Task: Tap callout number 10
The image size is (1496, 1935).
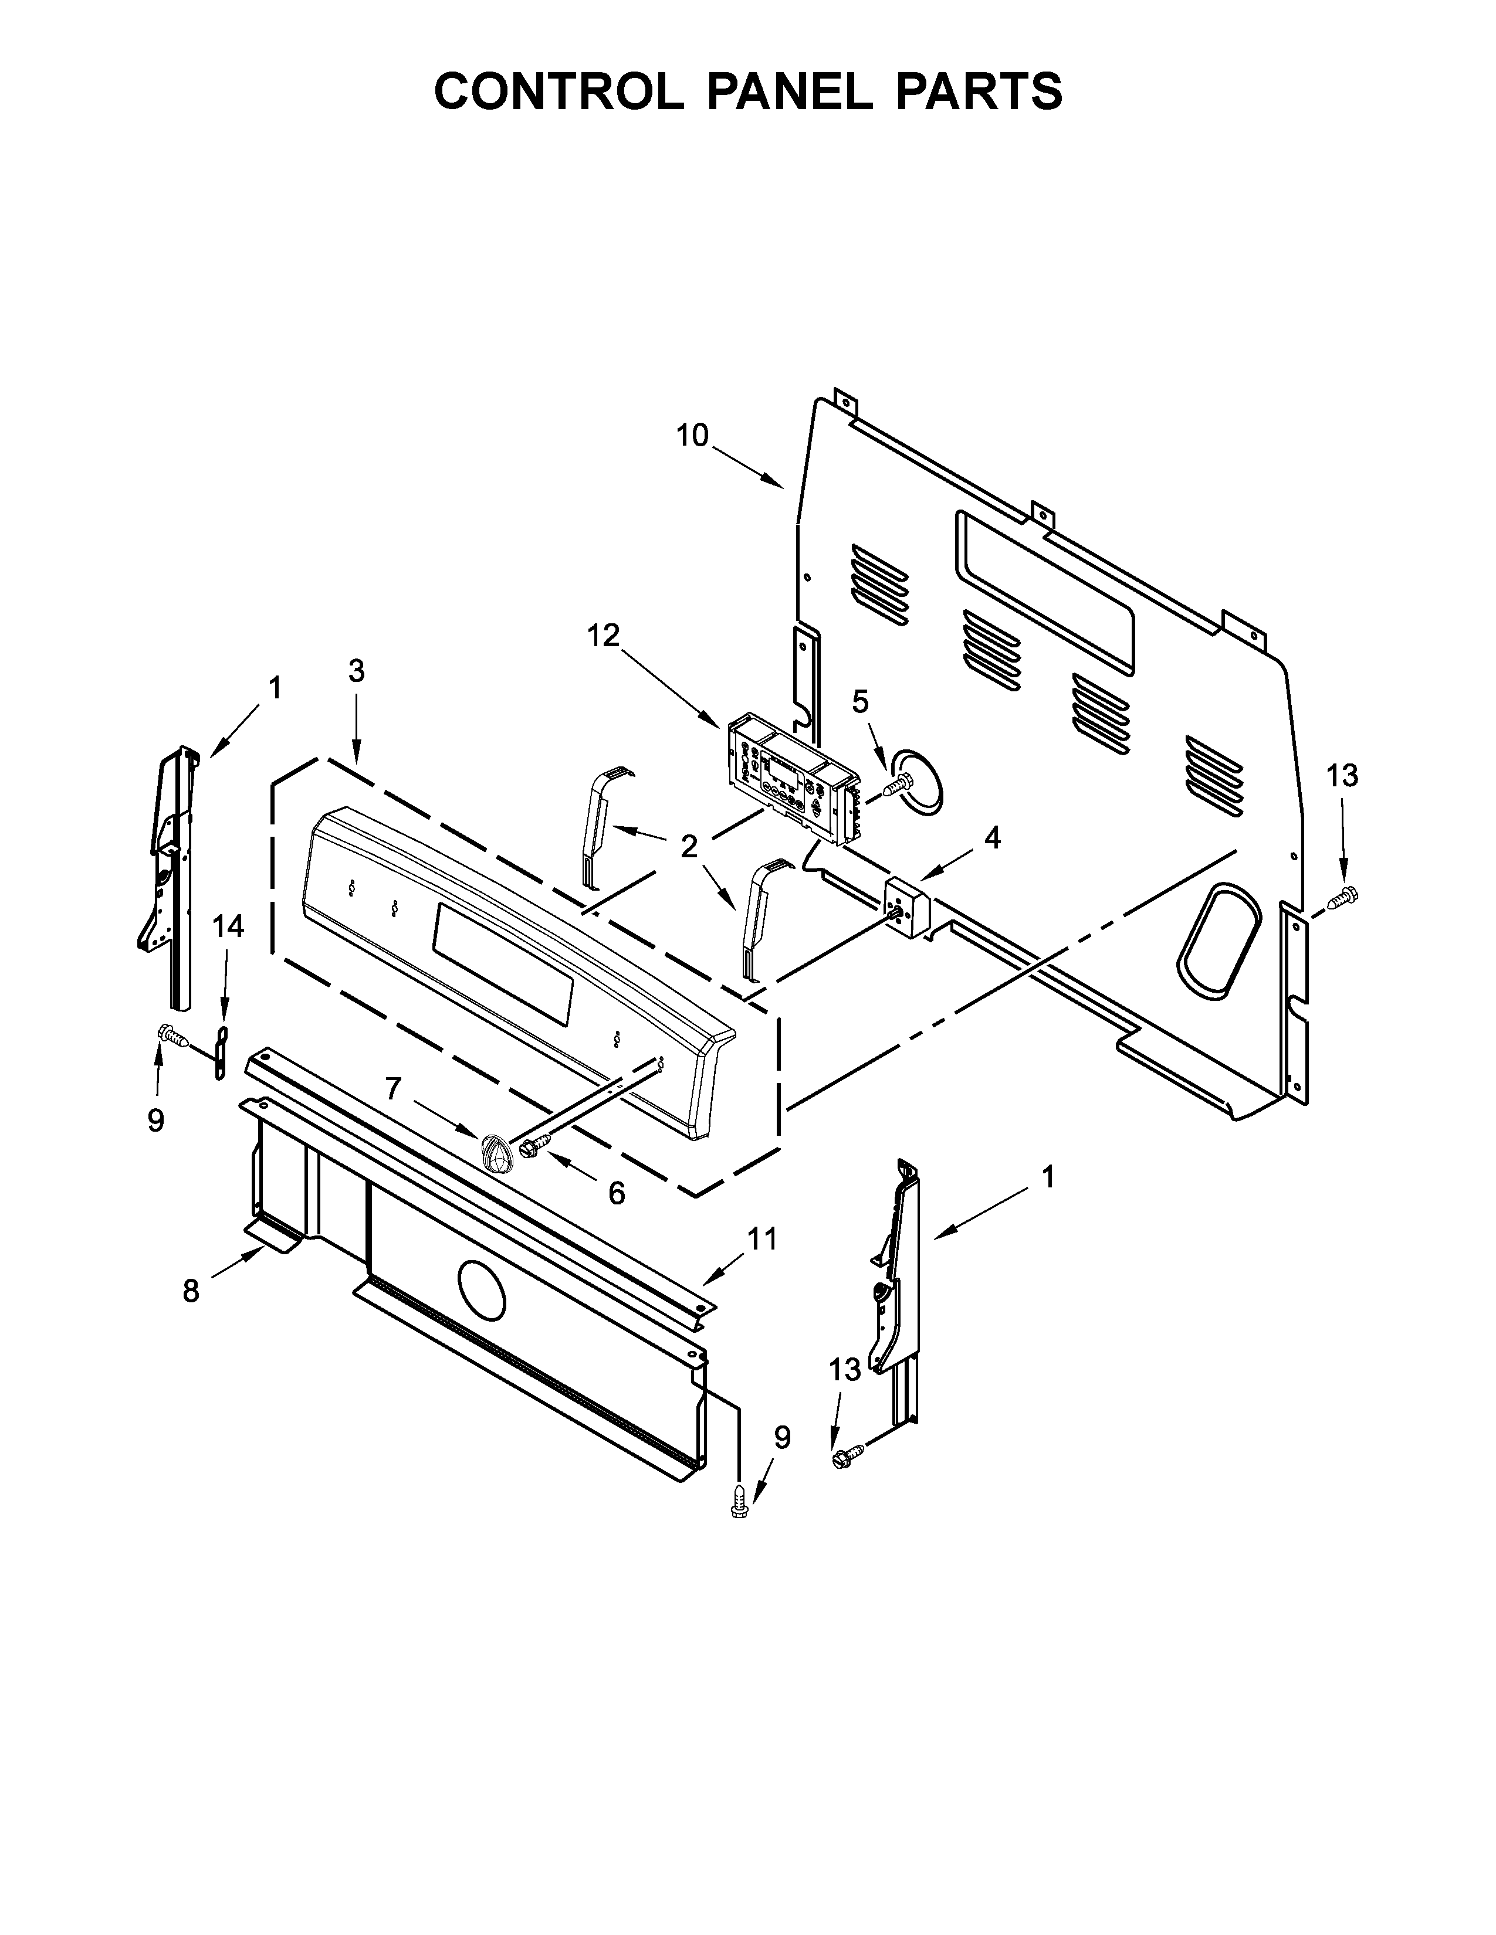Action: tap(692, 436)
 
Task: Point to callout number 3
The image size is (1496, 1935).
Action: tap(356, 671)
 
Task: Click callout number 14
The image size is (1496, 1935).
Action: tap(228, 926)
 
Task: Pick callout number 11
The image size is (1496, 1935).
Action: tap(762, 1238)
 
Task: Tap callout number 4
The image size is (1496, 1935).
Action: tap(993, 837)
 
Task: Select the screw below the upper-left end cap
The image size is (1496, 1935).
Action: tap(172, 1034)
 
